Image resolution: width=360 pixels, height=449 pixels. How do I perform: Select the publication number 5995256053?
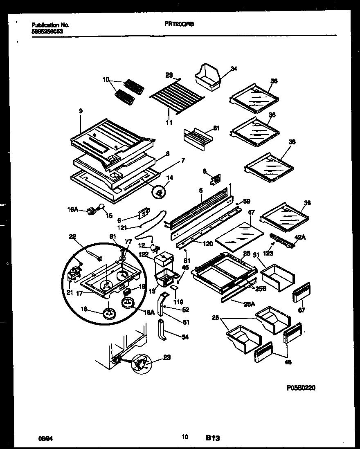pyautogui.click(x=47, y=31)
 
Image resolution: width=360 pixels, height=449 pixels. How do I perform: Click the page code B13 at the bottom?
pyautogui.click(x=213, y=438)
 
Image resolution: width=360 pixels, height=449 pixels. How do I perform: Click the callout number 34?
pyautogui.click(x=234, y=69)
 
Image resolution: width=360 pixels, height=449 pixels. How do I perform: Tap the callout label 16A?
pyautogui.click(x=72, y=209)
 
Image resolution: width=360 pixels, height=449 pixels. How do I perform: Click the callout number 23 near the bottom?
pyautogui.click(x=166, y=357)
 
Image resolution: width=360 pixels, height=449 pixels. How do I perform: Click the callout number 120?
pyautogui.click(x=208, y=244)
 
